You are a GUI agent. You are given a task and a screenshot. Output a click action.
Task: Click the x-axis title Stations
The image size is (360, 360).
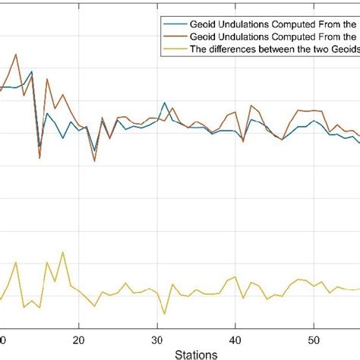195,354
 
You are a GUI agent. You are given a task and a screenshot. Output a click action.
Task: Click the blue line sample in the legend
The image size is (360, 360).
172,24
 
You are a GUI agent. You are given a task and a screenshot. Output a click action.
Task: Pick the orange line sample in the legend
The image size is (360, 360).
172,35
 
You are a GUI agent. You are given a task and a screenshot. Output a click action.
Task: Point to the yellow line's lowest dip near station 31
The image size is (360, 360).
164,313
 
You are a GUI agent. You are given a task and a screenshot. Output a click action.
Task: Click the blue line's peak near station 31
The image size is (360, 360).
164,103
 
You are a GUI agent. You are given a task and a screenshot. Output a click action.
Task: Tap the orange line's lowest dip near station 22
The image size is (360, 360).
94,161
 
